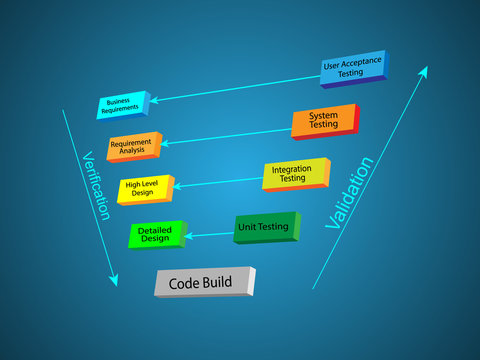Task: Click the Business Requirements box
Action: point(121,104)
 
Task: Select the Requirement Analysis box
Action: point(131,146)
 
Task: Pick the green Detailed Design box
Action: point(155,235)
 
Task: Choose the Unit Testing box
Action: point(264,228)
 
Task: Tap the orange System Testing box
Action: point(322,120)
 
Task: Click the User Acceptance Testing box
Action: point(352,68)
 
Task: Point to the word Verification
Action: point(95,186)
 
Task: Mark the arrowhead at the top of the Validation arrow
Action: point(424,71)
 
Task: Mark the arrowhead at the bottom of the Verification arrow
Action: point(114,281)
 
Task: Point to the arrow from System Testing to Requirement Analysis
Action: point(225,134)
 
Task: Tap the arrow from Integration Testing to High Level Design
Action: point(218,181)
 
